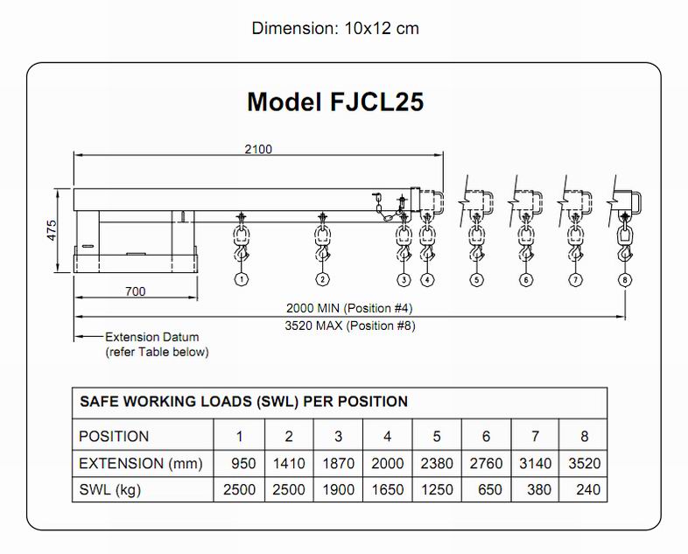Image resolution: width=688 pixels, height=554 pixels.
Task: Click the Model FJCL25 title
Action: pyautogui.click(x=335, y=102)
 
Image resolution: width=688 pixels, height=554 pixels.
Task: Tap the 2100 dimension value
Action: pyautogui.click(x=257, y=149)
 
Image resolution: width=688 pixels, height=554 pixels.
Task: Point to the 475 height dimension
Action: pyautogui.click(x=52, y=230)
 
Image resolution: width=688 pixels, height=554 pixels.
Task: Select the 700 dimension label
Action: pyautogui.click(x=135, y=291)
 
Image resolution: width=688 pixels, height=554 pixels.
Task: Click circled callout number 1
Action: pyautogui.click(x=241, y=280)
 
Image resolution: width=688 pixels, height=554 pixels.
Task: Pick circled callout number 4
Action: pyautogui.click(x=427, y=280)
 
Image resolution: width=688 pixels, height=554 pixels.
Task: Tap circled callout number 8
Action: pyautogui.click(x=624, y=280)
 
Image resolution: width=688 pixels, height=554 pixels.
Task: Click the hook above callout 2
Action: pyautogui.click(x=322, y=253)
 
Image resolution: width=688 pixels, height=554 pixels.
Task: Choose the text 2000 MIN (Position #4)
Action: pyautogui.click(x=349, y=308)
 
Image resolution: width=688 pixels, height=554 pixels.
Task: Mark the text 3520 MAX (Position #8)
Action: pyautogui.click(x=350, y=326)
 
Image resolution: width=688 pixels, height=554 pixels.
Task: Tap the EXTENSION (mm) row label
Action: pyautogui.click(x=141, y=463)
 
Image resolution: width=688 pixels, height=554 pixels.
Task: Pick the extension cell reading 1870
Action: pyautogui.click(x=339, y=464)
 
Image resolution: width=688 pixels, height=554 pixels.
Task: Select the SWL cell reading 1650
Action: pyautogui.click(x=388, y=490)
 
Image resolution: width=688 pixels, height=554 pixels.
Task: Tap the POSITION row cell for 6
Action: pyautogui.click(x=487, y=437)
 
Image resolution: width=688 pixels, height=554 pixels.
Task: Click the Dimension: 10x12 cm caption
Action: pyautogui.click(x=335, y=28)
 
